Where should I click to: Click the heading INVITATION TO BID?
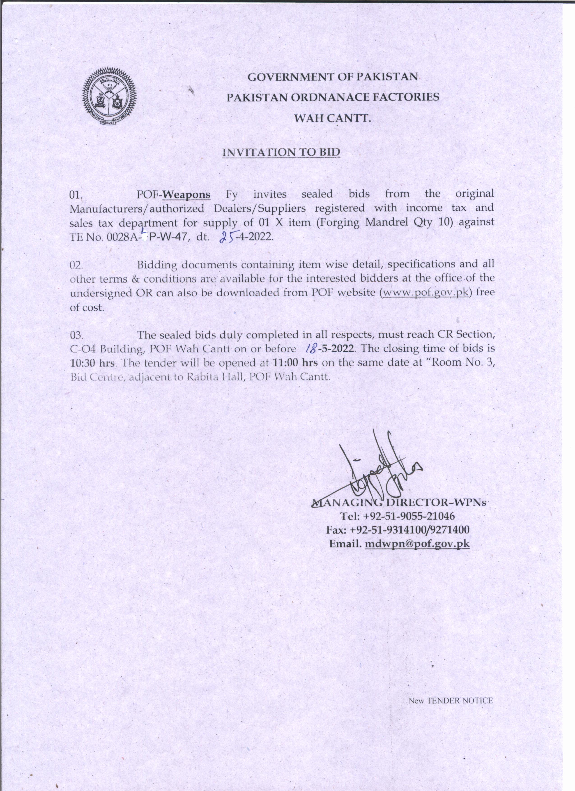[x=281, y=152]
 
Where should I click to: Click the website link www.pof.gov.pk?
[x=425, y=292]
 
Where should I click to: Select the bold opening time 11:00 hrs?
[x=295, y=362]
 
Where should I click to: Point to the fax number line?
[x=398, y=530]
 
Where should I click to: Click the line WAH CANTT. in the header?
[x=332, y=119]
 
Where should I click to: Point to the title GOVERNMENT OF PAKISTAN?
[x=333, y=77]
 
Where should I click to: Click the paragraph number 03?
[x=76, y=335]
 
